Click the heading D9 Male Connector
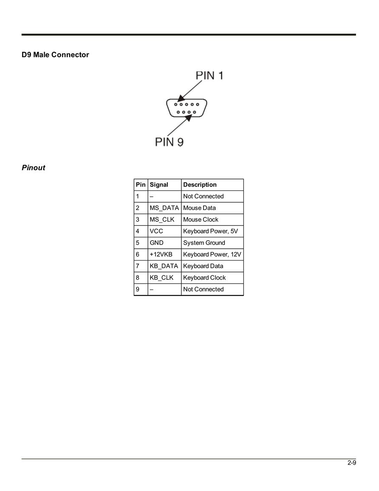pos(55,55)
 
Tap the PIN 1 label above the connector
pos(209,76)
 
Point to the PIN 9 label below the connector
pos(169,142)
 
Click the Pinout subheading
pos(34,167)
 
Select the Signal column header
pos(159,185)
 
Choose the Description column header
pos(200,185)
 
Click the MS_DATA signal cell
pos(164,208)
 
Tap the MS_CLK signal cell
pos(162,219)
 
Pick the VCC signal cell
pos(156,231)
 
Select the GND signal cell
pos(156,243)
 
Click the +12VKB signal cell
pos(161,254)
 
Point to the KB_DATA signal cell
pos(164,266)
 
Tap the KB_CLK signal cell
pos(161,278)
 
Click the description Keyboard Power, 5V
pos(211,231)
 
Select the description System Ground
pos(204,243)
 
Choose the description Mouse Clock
pos(201,219)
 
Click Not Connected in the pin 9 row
pos(204,289)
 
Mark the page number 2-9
pos(352,463)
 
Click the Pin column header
pos(141,185)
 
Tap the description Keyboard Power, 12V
pos(212,254)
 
